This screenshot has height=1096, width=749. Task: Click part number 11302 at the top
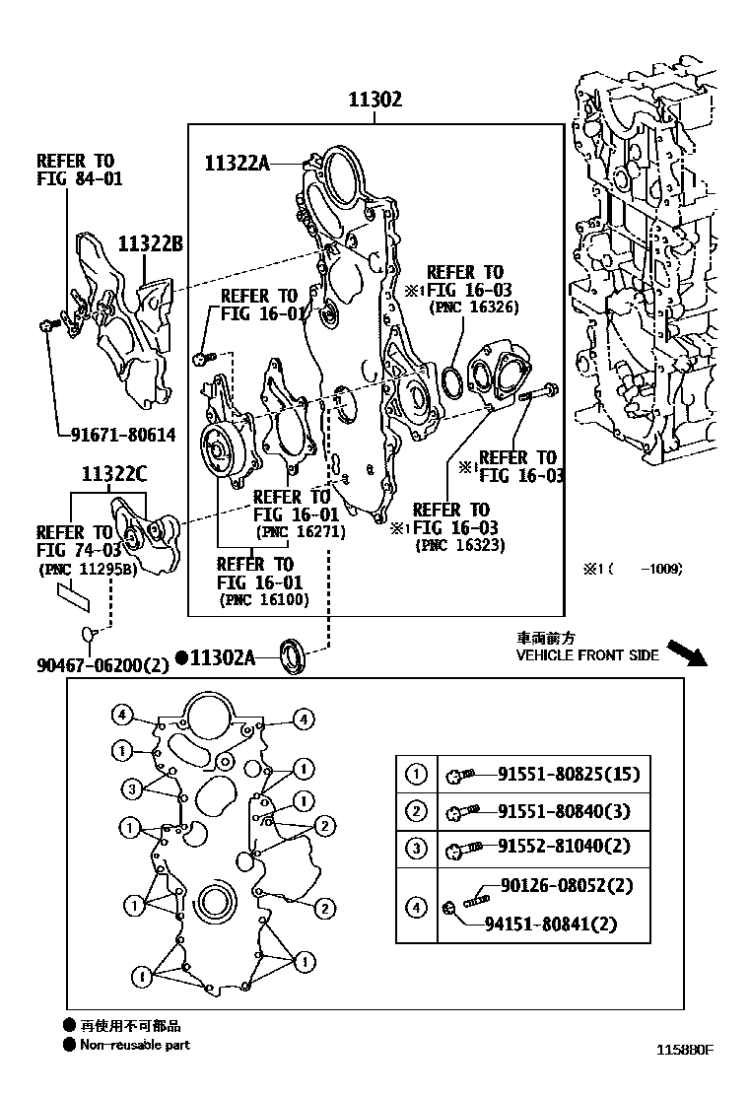coord(374,100)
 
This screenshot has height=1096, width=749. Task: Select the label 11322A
coord(237,163)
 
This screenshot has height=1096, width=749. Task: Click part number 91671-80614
coord(122,433)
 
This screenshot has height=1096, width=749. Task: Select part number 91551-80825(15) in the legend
coord(568,774)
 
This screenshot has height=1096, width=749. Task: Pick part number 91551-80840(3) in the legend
coord(562,810)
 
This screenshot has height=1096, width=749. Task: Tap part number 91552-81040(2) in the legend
coord(563,846)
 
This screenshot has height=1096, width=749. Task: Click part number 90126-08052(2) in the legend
coord(566,885)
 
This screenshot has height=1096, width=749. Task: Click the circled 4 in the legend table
coord(417,905)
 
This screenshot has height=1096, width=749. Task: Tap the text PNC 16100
coord(263,598)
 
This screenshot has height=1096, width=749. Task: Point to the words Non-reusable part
coord(135,1045)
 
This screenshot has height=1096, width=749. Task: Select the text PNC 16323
coord(460,544)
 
